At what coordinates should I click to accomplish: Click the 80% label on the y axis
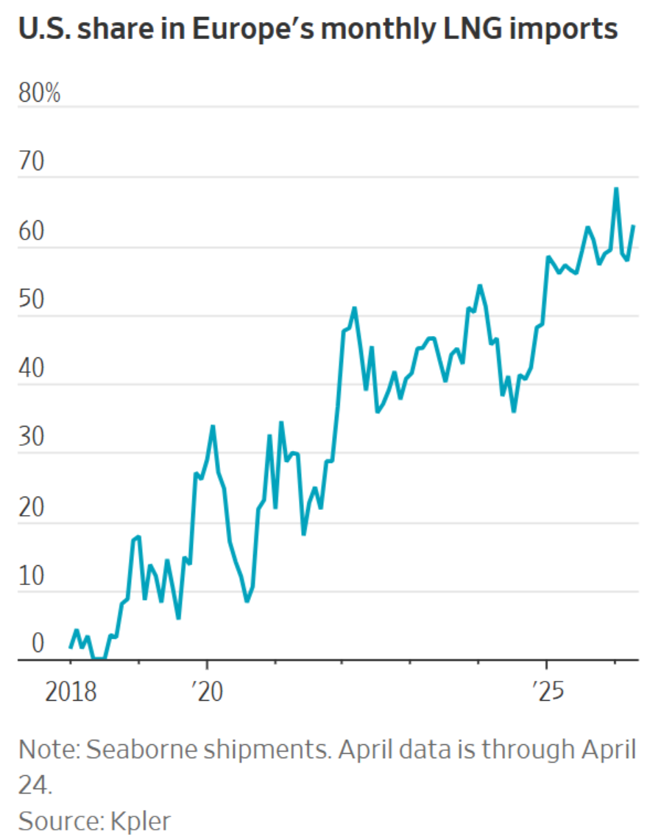coord(39,95)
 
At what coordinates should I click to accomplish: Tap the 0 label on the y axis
coord(38,645)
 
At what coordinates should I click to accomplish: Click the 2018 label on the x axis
coord(70,693)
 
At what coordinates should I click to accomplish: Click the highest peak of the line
coord(616,189)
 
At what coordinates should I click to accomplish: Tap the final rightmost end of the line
coord(634,226)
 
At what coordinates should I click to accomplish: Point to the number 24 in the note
coord(33,785)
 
